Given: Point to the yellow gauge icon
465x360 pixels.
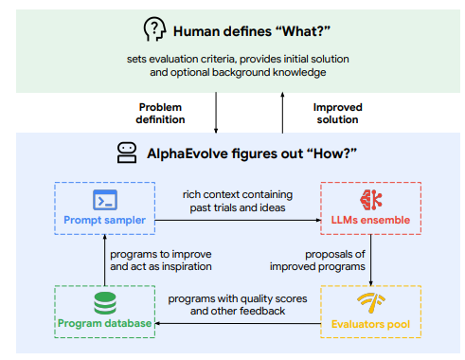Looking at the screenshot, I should tap(370, 303).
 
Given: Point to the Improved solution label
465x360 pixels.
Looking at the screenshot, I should tap(337, 113).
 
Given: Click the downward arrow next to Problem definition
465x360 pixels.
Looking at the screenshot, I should tap(217, 113).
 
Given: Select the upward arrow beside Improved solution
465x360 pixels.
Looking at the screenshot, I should tap(281, 113).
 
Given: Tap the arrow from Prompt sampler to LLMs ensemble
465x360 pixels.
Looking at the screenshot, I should tap(237, 219).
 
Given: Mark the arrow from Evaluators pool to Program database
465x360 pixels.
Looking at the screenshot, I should tap(237, 324).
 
